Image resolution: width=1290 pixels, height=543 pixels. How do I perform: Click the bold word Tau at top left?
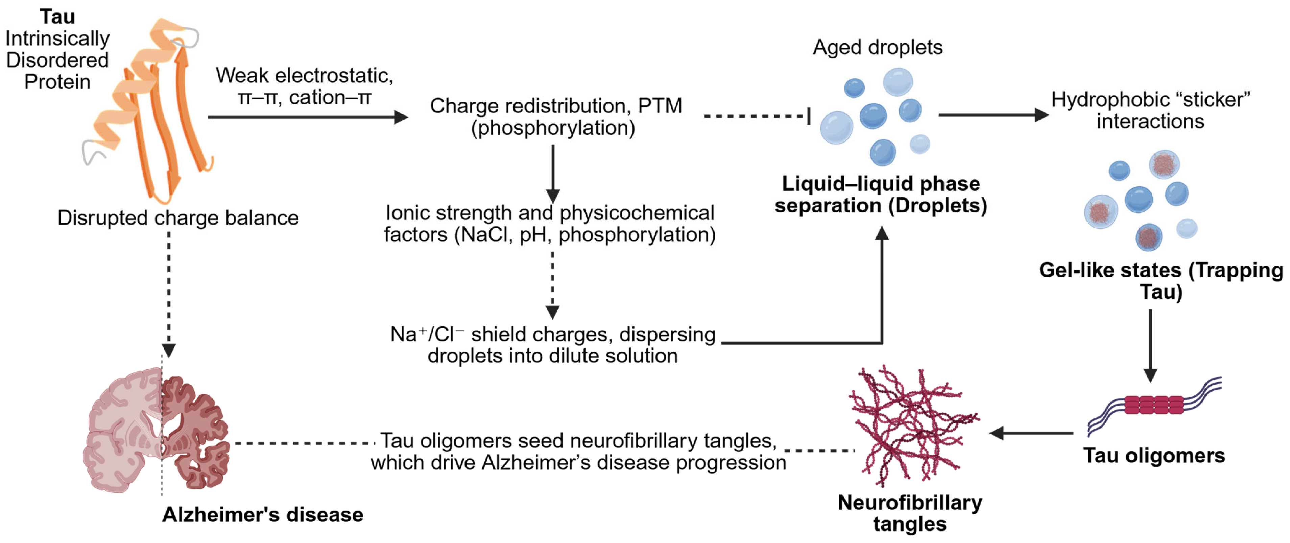57,17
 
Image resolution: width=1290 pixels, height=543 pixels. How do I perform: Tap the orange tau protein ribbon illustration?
150,110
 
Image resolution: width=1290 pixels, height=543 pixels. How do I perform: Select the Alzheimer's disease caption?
263,515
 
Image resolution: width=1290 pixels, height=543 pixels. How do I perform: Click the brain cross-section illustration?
156,431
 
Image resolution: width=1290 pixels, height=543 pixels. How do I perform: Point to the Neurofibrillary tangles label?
910,513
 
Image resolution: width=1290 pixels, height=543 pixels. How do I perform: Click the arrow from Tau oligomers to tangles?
1032,433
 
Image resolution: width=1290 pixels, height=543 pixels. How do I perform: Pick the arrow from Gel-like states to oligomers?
1150,346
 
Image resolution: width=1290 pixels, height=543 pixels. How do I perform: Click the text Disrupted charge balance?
178,218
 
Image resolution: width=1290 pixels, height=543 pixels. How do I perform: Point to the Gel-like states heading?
1161,281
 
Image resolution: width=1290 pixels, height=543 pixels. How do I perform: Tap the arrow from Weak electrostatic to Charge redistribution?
308,117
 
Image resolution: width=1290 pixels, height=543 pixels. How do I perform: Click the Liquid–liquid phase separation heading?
881,195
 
